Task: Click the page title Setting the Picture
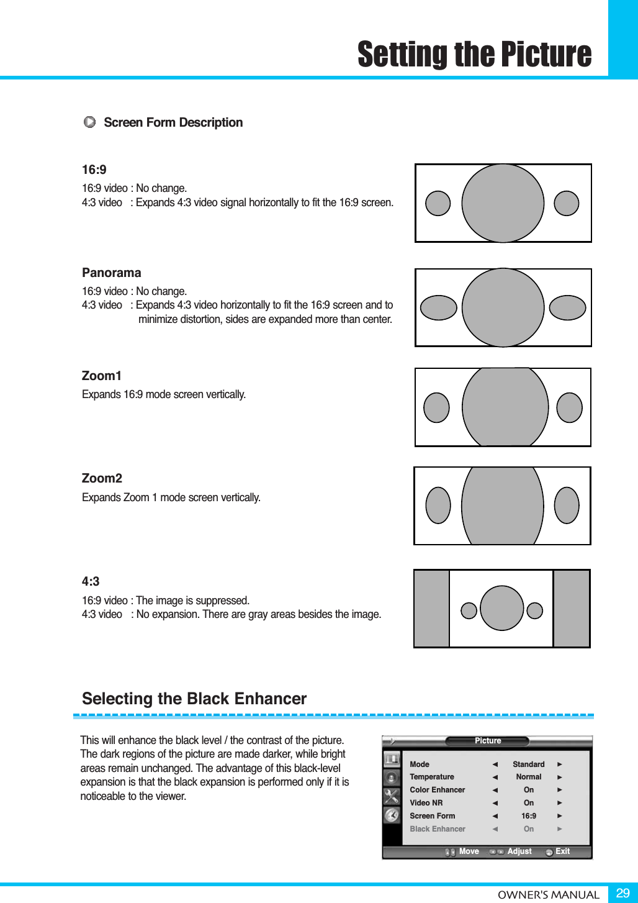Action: pos(474,55)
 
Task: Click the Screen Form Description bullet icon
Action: pos(90,122)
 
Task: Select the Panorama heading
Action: pos(111,273)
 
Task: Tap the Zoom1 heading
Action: pos(101,376)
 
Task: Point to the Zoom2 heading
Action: pos(102,478)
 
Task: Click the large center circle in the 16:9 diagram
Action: pos(503,203)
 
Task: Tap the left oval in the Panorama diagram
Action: pos(438,307)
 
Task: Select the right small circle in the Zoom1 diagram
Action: pos(569,407)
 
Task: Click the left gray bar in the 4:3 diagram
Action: pos(431,608)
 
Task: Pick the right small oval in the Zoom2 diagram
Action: pos(567,505)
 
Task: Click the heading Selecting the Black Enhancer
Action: pos(194,699)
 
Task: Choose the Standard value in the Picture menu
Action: pos(528,765)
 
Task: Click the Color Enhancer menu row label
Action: pos(437,790)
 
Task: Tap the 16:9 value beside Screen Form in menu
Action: pos(528,816)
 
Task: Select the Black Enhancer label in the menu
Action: pos(437,829)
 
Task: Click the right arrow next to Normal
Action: pos(559,777)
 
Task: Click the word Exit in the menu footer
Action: pos(562,851)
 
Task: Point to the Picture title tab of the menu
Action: pos(487,741)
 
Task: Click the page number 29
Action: pos(622,893)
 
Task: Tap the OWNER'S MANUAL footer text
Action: pos(548,895)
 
